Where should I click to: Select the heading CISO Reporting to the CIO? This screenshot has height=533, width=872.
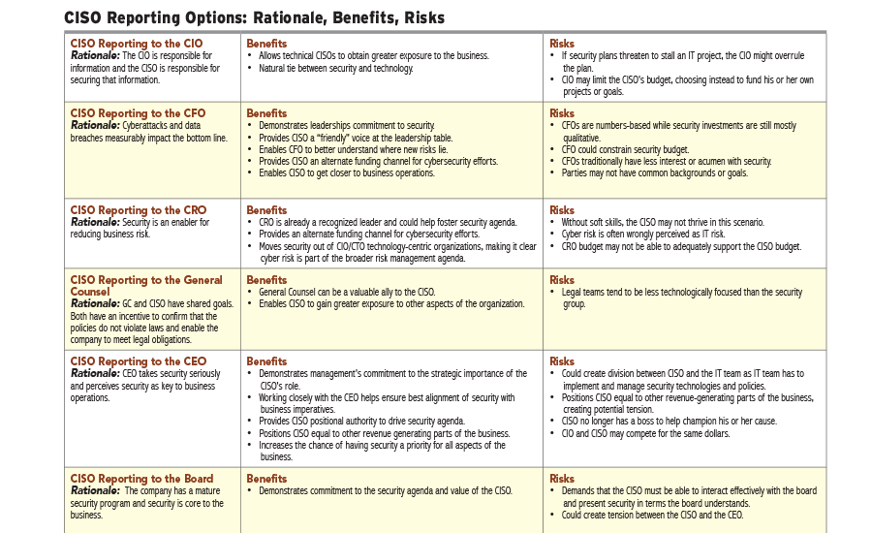(137, 44)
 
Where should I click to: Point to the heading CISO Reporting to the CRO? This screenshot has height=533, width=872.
(139, 210)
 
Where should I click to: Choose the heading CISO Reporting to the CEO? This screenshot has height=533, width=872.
(139, 361)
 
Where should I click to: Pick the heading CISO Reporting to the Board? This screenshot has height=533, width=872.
(141, 479)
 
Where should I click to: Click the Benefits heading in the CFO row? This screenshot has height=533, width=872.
(266, 113)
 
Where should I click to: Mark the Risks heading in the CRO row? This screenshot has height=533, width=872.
(562, 210)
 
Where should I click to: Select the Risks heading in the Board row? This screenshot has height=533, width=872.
(562, 479)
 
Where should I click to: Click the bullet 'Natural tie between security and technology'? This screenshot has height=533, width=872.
(335, 69)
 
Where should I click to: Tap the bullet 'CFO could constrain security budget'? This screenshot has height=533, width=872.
(625, 149)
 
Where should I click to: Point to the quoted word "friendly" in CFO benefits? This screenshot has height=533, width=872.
(334, 138)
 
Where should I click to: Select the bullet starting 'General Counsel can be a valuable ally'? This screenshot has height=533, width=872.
(346, 292)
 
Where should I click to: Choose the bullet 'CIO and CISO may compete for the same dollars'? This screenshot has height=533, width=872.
(645, 433)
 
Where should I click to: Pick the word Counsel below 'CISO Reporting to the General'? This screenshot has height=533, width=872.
(90, 292)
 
